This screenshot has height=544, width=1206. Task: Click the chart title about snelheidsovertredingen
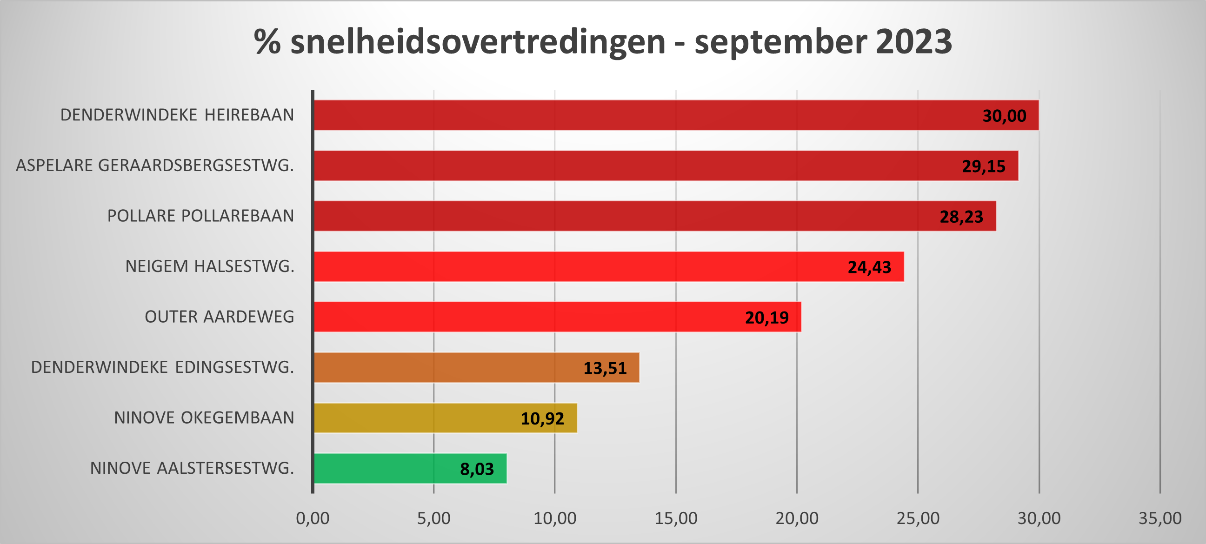[x=602, y=42]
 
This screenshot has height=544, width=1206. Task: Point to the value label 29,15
[x=984, y=166]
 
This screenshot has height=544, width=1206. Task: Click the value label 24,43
[x=869, y=267]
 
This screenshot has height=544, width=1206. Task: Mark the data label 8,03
[x=477, y=469]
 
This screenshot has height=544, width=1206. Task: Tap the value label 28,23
[x=961, y=217]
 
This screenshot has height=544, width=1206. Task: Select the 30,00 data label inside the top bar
[x=1004, y=116]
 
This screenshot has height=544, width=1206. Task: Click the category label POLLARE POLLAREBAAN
[x=200, y=216]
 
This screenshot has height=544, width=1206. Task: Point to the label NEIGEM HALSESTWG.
[x=210, y=266]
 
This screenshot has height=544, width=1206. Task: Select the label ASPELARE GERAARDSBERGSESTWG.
[x=155, y=165]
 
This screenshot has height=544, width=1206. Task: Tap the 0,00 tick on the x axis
[x=313, y=518]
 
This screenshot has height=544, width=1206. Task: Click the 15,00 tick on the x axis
[x=676, y=518]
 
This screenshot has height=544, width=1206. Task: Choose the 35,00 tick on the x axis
[x=1160, y=518]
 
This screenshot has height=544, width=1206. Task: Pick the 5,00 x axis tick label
[x=433, y=518]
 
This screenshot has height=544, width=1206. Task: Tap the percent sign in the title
[x=267, y=42]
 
